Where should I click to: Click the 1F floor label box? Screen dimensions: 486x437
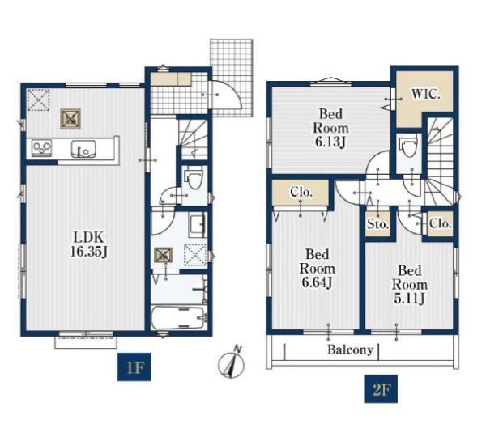tap(134, 367)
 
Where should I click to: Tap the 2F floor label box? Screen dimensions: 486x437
tap(381, 389)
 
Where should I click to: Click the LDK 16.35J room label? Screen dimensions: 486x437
tap(88, 244)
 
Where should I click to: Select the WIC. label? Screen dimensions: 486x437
tap(426, 94)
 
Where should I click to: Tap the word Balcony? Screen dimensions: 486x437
tap(350, 350)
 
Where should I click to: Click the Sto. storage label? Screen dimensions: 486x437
tap(377, 223)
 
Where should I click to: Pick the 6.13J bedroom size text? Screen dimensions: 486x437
tap(330, 142)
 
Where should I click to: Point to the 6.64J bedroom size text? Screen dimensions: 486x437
tap(317, 282)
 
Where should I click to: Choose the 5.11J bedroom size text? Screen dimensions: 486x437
tap(410, 299)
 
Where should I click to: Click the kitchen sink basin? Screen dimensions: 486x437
tap(83, 149)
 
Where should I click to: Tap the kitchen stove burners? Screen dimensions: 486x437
tap(41, 148)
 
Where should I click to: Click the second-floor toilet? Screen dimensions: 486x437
tap(409, 148)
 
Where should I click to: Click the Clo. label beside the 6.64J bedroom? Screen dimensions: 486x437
tap(301, 193)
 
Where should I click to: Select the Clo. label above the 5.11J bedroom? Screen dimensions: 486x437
tap(440, 223)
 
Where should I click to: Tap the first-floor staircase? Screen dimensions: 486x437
tap(193, 138)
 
